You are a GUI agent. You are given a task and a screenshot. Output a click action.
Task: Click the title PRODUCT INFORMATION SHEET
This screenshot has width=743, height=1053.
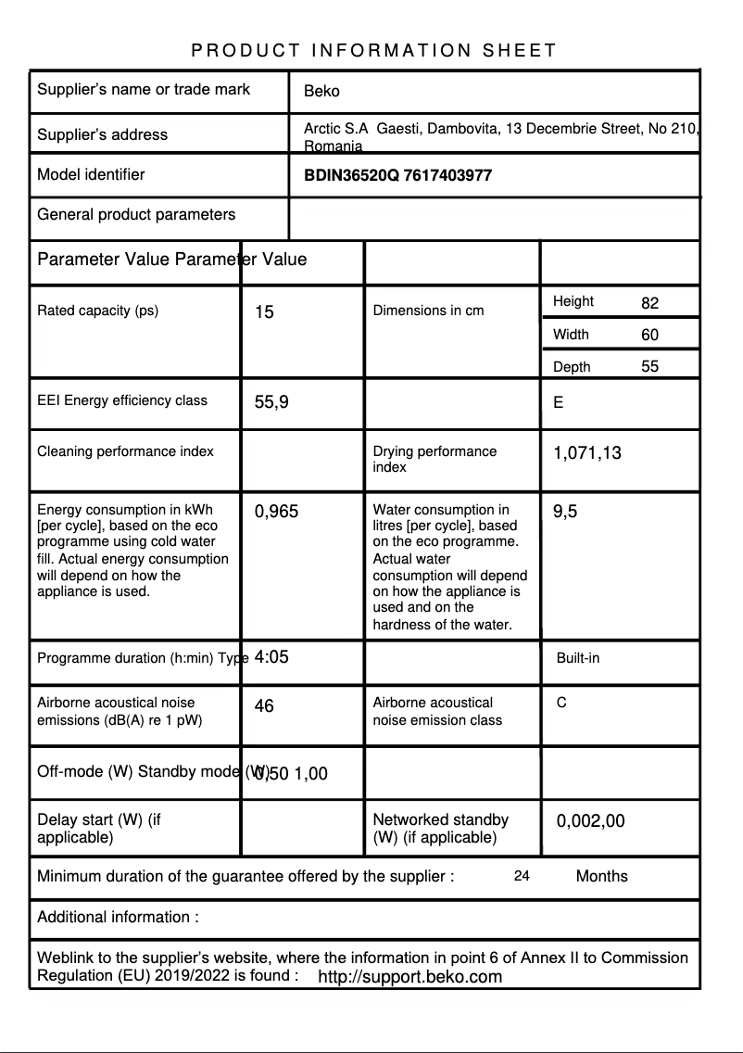[x=373, y=50]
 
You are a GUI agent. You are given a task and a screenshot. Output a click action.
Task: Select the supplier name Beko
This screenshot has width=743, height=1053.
[x=321, y=91]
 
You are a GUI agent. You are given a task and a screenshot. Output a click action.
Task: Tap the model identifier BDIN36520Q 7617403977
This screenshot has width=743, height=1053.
[x=397, y=175]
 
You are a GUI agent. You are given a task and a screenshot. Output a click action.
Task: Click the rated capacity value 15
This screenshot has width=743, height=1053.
[x=264, y=312]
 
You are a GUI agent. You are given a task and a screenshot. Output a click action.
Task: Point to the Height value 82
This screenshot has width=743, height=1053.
[x=649, y=303]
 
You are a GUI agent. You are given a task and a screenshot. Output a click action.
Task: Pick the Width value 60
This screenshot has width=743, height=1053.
[x=649, y=335]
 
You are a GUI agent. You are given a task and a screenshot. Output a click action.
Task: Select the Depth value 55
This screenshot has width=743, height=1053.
[x=649, y=367]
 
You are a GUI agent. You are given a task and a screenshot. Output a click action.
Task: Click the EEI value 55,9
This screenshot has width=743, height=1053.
[x=271, y=402]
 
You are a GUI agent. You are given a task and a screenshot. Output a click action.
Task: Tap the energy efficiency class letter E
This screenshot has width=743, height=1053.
[x=558, y=403]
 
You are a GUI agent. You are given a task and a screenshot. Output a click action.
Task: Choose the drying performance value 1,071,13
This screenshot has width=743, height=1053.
[x=587, y=453]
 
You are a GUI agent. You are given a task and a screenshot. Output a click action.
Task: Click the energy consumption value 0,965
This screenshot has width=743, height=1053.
[x=276, y=512]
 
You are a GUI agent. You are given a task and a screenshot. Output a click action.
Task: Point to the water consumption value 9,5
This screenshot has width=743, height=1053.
[x=565, y=512]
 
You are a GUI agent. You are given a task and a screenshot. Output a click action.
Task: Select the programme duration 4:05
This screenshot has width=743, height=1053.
[x=271, y=657]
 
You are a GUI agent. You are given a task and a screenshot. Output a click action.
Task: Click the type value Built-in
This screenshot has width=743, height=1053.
[x=578, y=658]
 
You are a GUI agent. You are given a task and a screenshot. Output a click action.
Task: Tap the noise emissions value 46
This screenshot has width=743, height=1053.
[x=264, y=706]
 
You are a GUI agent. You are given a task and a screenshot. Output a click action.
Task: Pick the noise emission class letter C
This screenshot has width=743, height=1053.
[x=561, y=704]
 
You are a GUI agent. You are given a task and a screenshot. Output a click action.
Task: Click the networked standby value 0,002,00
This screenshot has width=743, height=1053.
[x=590, y=820]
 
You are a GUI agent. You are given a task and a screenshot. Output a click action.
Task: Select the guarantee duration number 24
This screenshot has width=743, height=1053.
[x=522, y=876]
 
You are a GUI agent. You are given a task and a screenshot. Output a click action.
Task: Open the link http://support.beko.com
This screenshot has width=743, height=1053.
[x=409, y=977]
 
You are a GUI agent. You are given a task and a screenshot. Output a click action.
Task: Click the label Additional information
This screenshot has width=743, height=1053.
[x=118, y=918]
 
